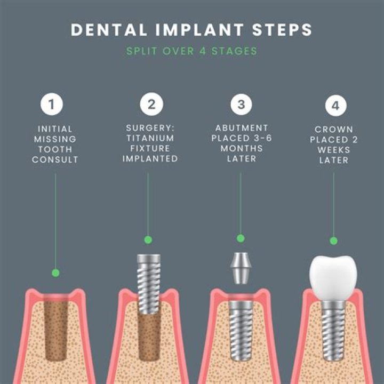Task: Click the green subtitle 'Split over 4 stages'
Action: click(x=191, y=52)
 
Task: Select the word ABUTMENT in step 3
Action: click(x=242, y=129)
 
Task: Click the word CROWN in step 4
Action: click(x=334, y=130)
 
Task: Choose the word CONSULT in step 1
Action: click(x=55, y=159)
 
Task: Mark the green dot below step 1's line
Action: click(x=55, y=273)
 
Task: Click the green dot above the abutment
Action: click(x=241, y=238)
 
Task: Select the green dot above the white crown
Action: click(x=334, y=241)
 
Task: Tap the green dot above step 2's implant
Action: click(x=148, y=239)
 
